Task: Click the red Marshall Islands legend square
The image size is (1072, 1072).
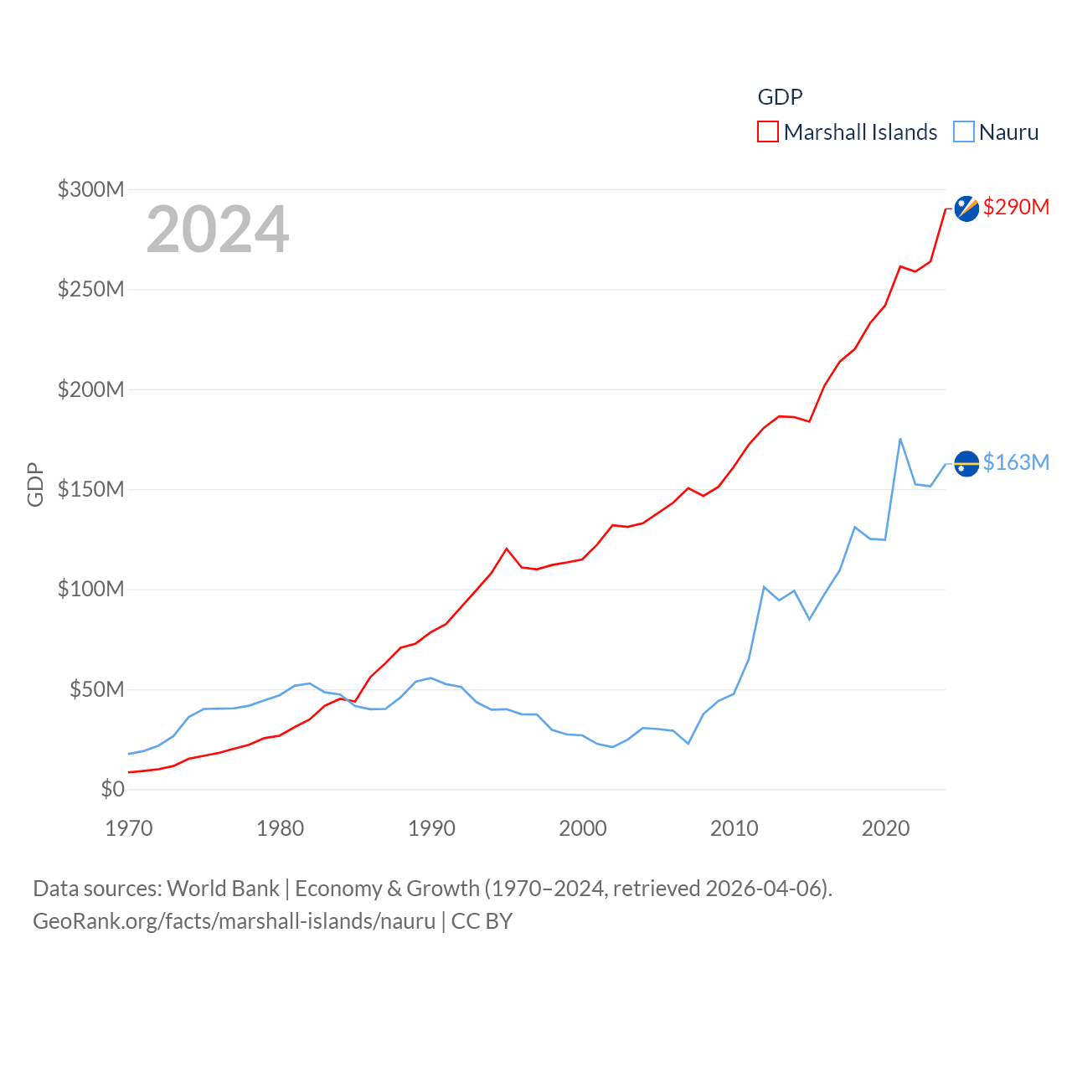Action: tap(768, 132)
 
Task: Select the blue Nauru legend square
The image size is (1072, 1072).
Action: tap(964, 132)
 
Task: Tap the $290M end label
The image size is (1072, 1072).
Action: tap(1016, 207)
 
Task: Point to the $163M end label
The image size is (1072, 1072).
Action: tap(1016, 462)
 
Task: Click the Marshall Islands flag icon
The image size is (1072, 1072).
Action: tap(966, 209)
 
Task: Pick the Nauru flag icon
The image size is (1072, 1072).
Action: tap(966, 463)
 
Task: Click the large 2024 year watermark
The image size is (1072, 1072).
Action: tap(218, 229)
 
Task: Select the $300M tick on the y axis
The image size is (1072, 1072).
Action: tap(90, 189)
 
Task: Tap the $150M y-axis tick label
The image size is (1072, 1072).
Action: tap(90, 489)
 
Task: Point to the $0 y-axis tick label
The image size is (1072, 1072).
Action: tap(112, 789)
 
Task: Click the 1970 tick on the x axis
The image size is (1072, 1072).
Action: tap(129, 828)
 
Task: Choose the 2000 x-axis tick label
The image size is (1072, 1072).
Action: tap(583, 828)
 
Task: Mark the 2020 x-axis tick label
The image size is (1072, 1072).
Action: tap(885, 828)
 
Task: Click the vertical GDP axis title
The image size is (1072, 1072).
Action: tap(35, 484)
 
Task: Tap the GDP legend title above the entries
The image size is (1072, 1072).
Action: tap(780, 97)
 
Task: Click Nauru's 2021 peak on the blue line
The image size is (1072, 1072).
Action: tap(900, 439)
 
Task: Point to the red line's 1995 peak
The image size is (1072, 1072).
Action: tap(507, 549)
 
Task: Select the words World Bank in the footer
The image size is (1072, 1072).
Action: tap(223, 888)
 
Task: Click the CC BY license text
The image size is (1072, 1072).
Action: tap(482, 921)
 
